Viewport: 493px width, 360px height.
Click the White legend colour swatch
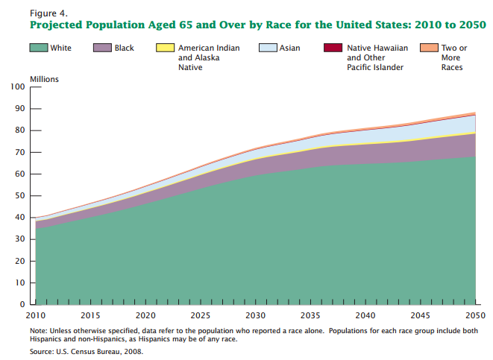click(39, 48)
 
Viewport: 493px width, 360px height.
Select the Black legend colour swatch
click(103, 48)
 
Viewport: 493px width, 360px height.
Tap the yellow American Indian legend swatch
click(164, 48)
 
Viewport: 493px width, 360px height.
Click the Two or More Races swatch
click(429, 48)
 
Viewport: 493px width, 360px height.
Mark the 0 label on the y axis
click(23, 305)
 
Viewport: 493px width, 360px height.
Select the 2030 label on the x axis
click(255, 315)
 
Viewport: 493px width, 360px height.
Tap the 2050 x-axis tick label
click(475, 315)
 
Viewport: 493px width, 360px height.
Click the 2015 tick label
click(90, 315)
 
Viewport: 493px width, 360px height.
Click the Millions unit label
click(44, 78)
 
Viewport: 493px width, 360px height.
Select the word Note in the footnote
click(38, 330)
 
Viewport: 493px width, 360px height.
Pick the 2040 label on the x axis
click(365, 315)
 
